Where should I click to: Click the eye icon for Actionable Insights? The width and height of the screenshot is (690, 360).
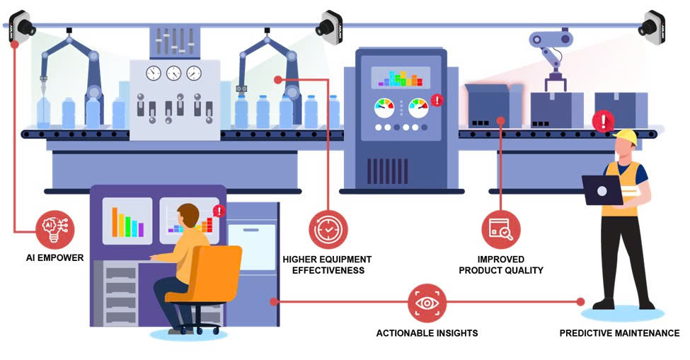427,303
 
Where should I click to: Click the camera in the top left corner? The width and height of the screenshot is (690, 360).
22,27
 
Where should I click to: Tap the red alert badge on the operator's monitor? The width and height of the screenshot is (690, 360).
219,211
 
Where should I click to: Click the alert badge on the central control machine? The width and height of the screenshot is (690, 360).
437,100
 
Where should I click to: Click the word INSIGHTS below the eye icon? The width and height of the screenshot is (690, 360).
456,333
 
